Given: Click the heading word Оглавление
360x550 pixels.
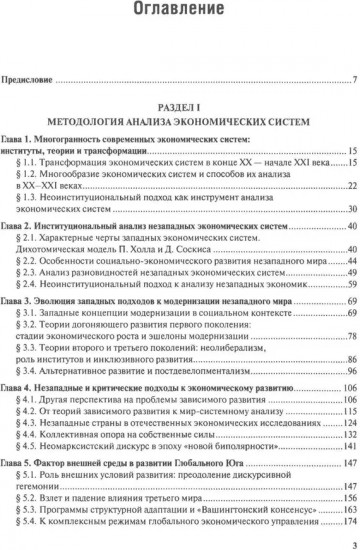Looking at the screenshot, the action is [181, 13].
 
